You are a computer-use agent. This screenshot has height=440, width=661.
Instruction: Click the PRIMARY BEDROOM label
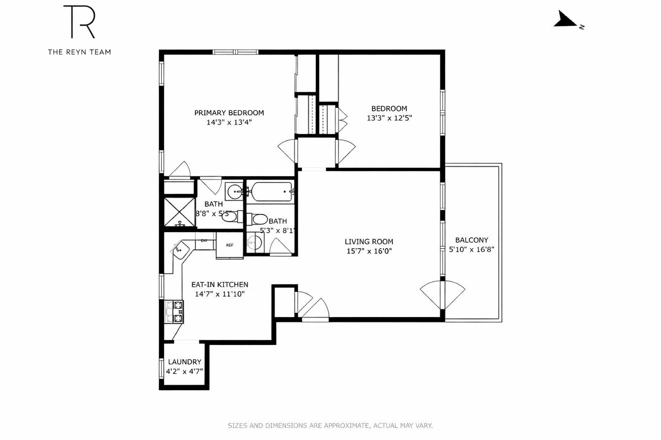pyautogui.click(x=229, y=113)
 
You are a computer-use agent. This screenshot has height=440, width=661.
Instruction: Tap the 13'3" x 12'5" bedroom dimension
pyautogui.click(x=389, y=118)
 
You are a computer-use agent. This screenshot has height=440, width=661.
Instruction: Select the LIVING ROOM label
pyautogui.click(x=369, y=242)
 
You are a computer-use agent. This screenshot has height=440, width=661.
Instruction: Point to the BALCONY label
pyautogui.click(x=472, y=240)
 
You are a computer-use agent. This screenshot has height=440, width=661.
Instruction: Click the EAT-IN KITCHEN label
pyautogui.click(x=219, y=284)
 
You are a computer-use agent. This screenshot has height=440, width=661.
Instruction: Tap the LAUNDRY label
pyautogui.click(x=184, y=362)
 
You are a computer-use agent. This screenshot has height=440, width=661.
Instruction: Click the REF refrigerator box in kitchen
pyautogui.click(x=230, y=245)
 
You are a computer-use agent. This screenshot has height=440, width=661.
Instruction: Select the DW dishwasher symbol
pyautogui.click(x=204, y=241)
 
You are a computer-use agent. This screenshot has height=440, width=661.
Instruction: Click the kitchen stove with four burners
pyautogui.click(x=174, y=312)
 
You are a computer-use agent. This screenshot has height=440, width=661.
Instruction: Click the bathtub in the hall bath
pyautogui.click(x=272, y=192)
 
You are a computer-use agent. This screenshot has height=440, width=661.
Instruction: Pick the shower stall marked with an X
pyautogui.click(x=179, y=212)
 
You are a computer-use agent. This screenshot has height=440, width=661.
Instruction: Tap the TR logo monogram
pyautogui.click(x=79, y=22)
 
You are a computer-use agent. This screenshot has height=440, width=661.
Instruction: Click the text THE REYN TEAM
pyautogui.click(x=79, y=52)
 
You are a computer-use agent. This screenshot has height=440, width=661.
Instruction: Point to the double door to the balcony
pyautogui.click(x=442, y=295)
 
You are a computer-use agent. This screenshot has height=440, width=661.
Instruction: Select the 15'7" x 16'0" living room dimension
pyautogui.click(x=369, y=251)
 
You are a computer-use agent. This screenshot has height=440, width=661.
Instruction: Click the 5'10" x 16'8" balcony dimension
pyautogui.click(x=472, y=250)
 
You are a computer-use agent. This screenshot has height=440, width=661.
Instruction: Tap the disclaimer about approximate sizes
pyautogui.click(x=330, y=426)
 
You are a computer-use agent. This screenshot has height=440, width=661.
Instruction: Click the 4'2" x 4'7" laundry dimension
pyautogui.click(x=184, y=371)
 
